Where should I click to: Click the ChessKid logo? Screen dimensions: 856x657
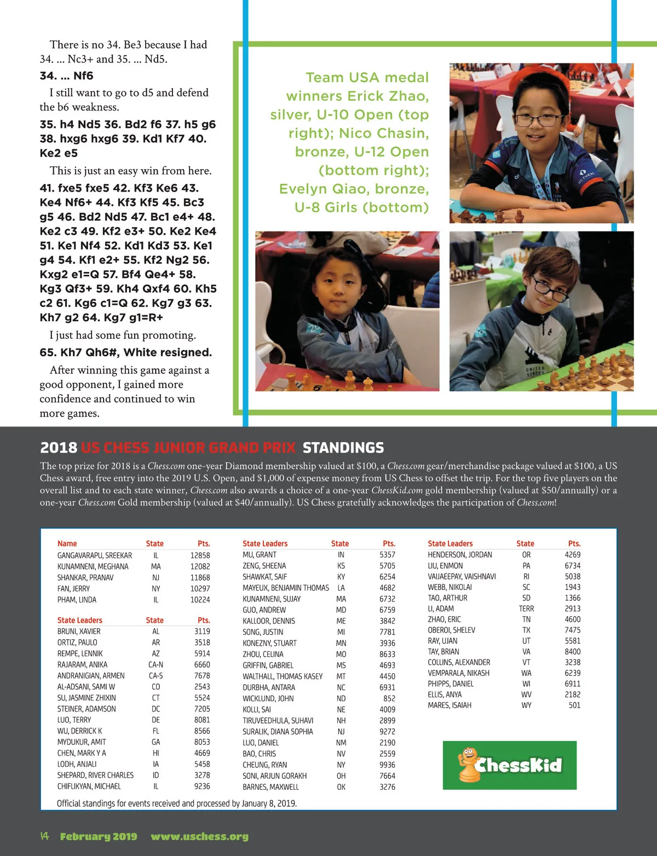[x=509, y=765]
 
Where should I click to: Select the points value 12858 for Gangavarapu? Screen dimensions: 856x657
[x=200, y=555]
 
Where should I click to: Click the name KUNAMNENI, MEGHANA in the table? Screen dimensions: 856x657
[x=93, y=566]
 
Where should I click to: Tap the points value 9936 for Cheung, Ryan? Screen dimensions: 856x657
[x=387, y=765]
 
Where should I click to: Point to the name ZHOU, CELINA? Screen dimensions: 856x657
[x=263, y=654]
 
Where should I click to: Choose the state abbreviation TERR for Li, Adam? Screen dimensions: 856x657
[x=526, y=609]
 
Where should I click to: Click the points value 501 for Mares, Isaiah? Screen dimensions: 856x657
[x=574, y=705]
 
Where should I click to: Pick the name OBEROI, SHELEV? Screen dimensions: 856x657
[x=451, y=630]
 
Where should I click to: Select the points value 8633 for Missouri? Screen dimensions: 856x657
[x=387, y=654]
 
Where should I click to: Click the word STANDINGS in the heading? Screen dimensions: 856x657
[x=343, y=448]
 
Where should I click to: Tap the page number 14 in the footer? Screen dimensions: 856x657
[x=44, y=836]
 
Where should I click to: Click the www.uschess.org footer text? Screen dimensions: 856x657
[x=199, y=836]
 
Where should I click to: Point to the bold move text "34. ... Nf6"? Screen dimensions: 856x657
[x=66, y=76]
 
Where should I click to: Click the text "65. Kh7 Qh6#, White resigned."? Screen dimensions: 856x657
[x=125, y=352]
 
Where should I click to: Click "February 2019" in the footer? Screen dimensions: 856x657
[x=99, y=836]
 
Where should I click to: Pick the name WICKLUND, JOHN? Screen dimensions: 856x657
[x=268, y=698]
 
